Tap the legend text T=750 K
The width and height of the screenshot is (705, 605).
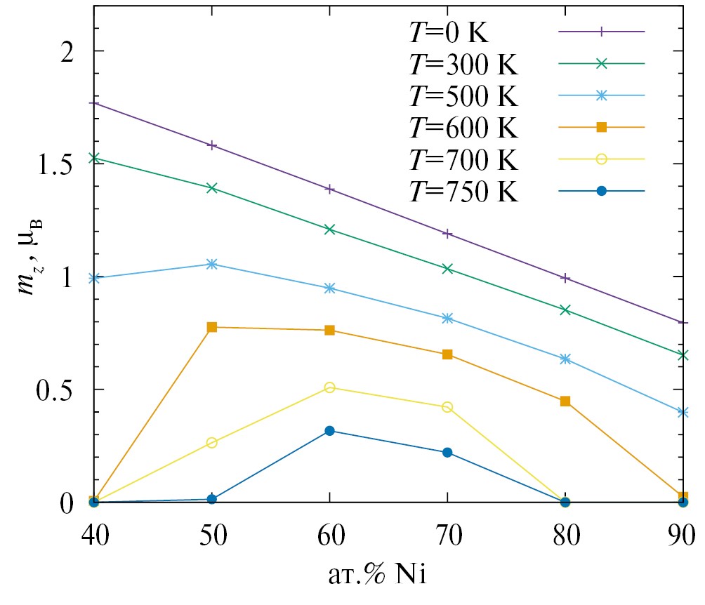click(x=463, y=191)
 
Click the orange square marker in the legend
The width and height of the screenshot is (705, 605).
click(x=601, y=127)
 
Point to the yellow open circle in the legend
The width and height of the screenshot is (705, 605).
click(x=601, y=159)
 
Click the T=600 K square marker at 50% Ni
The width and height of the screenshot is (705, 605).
click(x=212, y=327)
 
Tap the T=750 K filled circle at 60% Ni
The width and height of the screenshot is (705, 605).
click(x=329, y=431)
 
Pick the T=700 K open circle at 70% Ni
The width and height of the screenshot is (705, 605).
click(x=447, y=407)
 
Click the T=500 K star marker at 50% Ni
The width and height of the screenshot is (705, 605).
click(x=212, y=264)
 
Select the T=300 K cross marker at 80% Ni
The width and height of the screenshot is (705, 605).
click(x=565, y=310)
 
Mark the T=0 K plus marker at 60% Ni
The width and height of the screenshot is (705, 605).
click(x=329, y=190)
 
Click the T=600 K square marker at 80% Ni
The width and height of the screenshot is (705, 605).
click(x=565, y=401)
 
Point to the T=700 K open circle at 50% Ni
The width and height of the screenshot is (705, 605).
click(x=212, y=443)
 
